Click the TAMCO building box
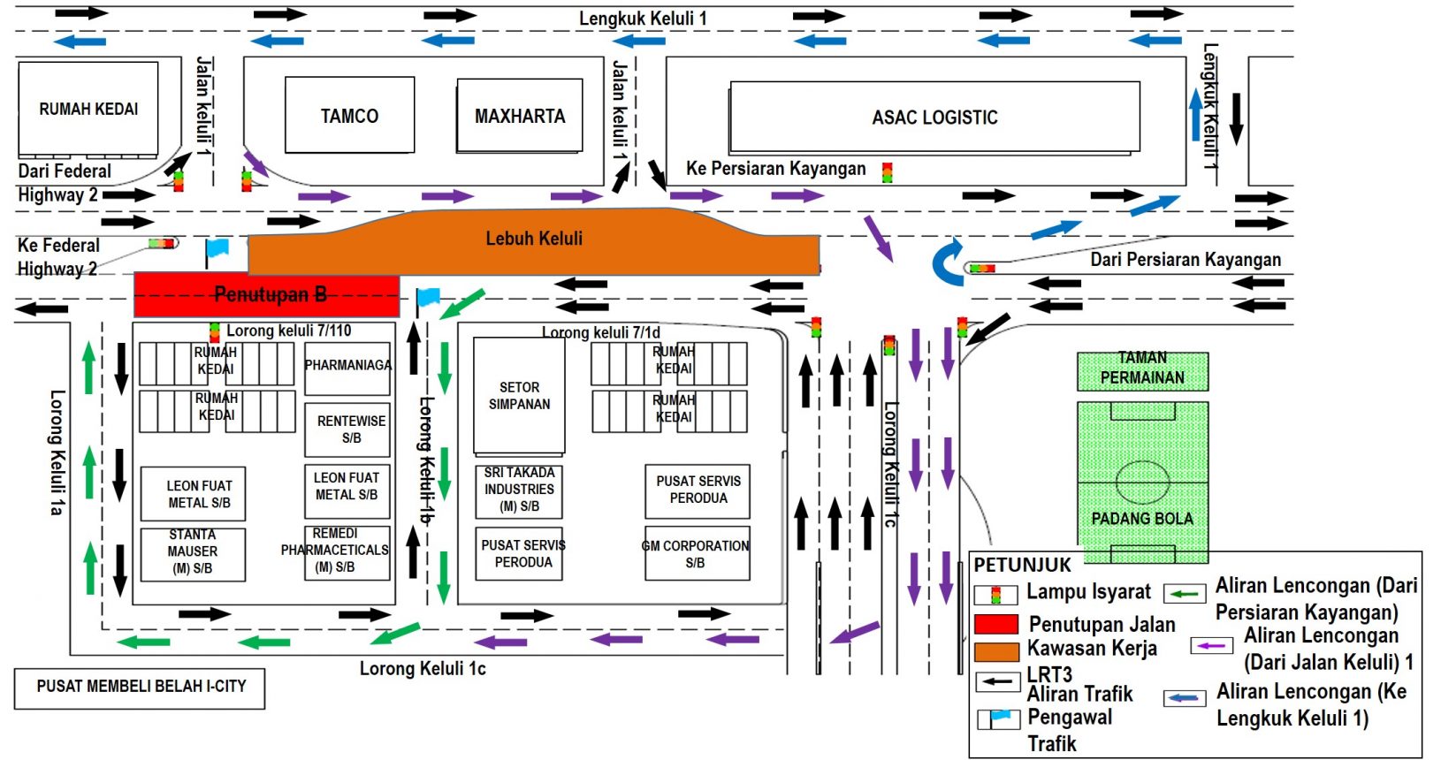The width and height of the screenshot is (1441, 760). [349, 115]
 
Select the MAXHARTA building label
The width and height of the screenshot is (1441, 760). [520, 116]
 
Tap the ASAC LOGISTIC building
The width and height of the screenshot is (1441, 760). [934, 117]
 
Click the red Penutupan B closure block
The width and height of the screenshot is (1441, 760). [266, 295]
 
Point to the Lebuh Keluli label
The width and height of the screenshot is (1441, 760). [534, 238]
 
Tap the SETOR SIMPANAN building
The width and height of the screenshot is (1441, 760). [519, 396]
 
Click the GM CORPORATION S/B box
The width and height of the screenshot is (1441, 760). [697, 554]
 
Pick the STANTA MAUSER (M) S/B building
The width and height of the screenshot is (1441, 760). [193, 552]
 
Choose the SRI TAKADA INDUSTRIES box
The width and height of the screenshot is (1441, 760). [519, 490]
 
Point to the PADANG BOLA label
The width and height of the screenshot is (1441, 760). [1142, 519]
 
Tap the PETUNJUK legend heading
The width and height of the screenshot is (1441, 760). [1022, 565]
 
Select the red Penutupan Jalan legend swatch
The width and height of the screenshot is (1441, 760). [996, 625]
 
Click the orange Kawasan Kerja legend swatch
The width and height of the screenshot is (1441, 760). [996, 652]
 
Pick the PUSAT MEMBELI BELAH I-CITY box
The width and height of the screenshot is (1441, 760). [140, 688]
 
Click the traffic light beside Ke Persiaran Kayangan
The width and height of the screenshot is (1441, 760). [887, 171]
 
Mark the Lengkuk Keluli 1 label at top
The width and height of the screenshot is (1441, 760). [643, 18]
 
